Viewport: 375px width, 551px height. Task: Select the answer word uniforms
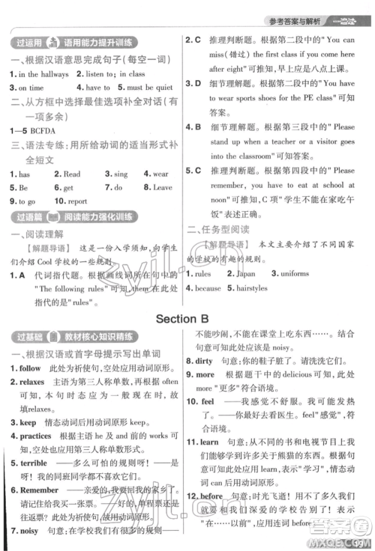293,275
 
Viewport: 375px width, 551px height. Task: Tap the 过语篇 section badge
26,218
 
